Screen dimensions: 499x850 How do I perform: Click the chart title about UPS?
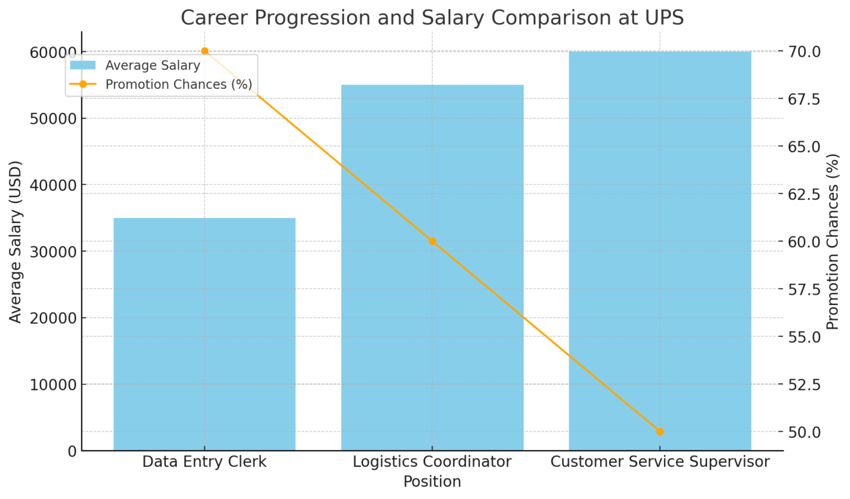point(431,17)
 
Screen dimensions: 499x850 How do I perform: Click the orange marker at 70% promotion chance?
point(205,51)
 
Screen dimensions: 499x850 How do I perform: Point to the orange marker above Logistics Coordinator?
point(432,241)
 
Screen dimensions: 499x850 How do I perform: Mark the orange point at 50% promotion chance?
point(659,431)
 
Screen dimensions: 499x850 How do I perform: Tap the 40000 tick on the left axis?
point(53,185)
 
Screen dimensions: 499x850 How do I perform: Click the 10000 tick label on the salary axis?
point(53,385)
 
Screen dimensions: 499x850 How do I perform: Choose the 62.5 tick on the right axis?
point(803,194)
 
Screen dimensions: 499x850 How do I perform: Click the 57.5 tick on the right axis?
point(803,289)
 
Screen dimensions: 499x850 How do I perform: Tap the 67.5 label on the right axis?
point(803,99)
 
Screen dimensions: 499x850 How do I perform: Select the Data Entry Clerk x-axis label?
point(204,462)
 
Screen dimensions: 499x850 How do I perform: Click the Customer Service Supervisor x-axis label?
point(660,462)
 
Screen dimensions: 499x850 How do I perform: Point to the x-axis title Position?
point(432,482)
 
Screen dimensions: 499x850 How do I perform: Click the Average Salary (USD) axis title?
point(15,241)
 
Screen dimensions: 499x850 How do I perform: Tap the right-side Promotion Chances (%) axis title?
point(833,241)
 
